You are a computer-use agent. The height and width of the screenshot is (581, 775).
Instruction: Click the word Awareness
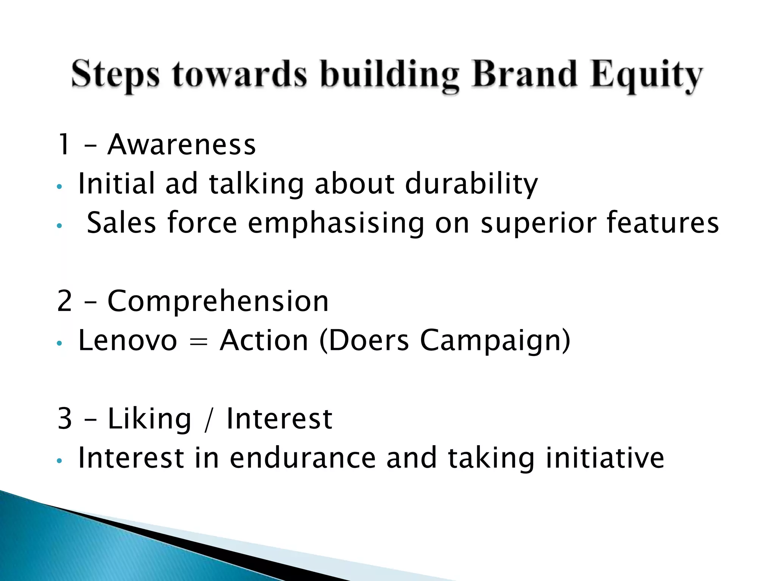pyautogui.click(x=182, y=144)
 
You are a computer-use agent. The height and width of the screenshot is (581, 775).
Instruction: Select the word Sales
pyautogui.click(x=121, y=223)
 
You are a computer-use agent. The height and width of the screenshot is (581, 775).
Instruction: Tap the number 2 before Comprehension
pyautogui.click(x=64, y=301)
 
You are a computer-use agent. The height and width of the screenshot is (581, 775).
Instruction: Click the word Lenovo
pyautogui.click(x=128, y=340)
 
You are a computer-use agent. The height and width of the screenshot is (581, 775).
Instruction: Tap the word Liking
pyautogui.click(x=149, y=419)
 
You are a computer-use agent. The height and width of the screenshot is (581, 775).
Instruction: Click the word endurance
pyautogui.click(x=303, y=458)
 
